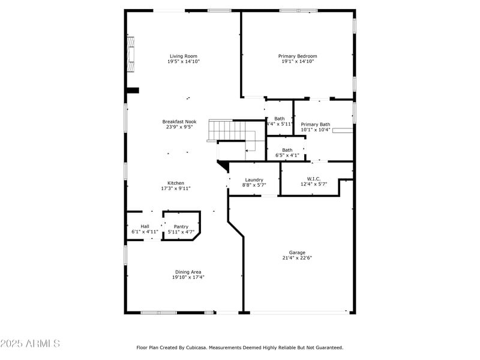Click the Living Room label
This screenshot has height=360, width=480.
coord(183,56)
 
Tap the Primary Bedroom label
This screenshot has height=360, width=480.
coord(298,56)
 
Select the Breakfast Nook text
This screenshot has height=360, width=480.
coord(179,121)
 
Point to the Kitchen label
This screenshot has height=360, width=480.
coord(175,183)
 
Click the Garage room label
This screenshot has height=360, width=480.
coord(297,253)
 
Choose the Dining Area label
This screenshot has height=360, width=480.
coord(188,272)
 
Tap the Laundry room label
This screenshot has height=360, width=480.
coord(254,180)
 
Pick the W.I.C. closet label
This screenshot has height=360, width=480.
coord(313,179)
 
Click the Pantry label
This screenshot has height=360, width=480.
coord(181,226)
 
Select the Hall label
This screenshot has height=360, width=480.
coord(145,226)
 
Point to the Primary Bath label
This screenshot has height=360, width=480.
coord(315,124)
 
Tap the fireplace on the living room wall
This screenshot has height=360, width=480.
coord(130,54)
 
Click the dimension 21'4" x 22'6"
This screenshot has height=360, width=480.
coord(297,258)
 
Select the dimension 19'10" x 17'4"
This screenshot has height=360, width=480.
coord(188,277)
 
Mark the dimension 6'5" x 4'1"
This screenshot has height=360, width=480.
coord(287,155)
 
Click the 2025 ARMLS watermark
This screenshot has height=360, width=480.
coord(30,344)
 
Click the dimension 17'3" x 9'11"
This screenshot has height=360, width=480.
coord(175,188)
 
